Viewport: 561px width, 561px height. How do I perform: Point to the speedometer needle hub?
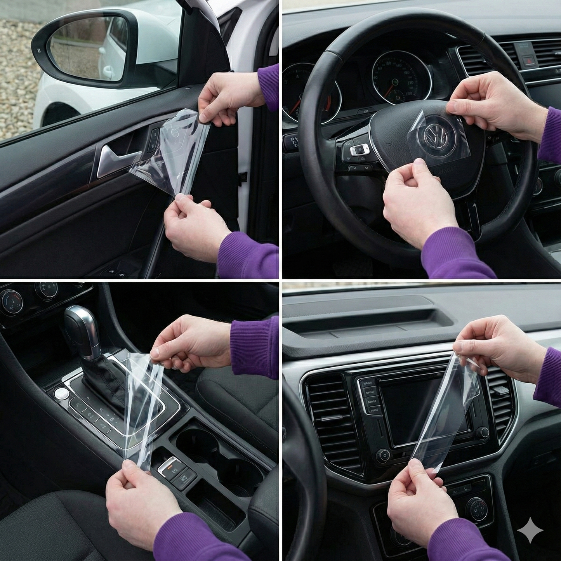coord(395,82)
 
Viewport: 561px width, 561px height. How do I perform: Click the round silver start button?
coord(61,394)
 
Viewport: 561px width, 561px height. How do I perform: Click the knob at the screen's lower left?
coord(384,455)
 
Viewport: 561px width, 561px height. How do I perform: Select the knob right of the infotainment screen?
coord(483,432)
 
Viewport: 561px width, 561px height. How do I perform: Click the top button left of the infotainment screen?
coord(367,384)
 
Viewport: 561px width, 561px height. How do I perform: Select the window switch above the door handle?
coord(154,138)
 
